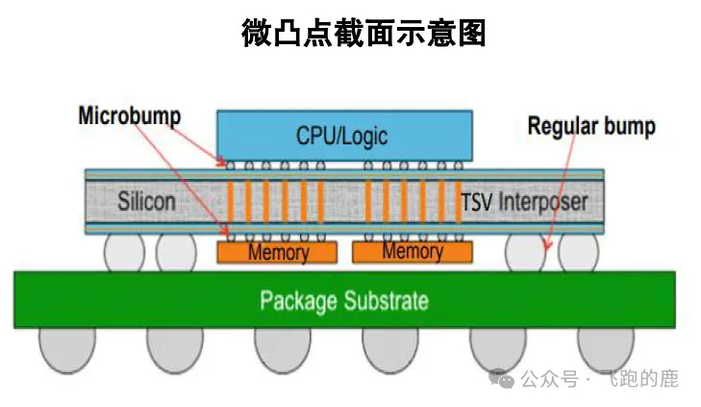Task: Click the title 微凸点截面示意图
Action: tap(363, 34)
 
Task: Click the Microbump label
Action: tap(129, 116)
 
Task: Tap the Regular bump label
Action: tap(591, 126)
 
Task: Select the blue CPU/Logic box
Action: tap(343, 134)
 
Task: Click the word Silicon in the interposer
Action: tap(146, 202)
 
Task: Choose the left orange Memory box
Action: tap(278, 252)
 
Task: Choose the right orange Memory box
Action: tap(412, 251)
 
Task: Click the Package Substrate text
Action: tap(343, 300)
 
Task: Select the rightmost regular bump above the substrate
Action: tap(577, 252)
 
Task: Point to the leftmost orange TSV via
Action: tap(232, 201)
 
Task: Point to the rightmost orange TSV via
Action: tap(457, 201)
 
